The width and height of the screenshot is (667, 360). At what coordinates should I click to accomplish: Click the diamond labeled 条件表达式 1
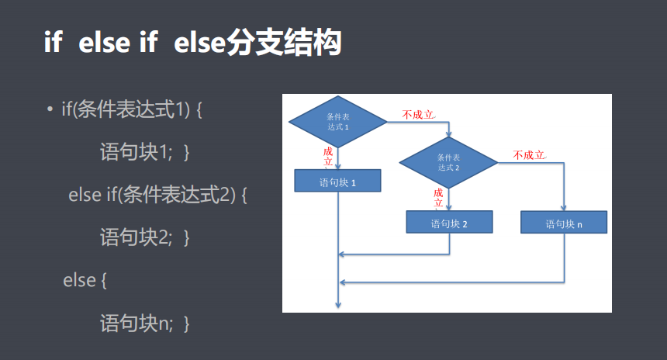click(337, 122)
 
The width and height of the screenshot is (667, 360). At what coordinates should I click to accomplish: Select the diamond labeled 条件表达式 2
click(448, 163)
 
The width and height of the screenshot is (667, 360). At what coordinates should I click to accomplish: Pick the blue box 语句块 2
click(449, 223)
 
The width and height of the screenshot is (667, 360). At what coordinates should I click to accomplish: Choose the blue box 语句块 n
click(563, 223)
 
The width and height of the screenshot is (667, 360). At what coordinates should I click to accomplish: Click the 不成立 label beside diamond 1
click(418, 115)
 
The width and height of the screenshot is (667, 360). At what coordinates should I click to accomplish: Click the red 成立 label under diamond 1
click(328, 156)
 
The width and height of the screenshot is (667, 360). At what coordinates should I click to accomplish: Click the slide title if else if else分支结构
click(192, 43)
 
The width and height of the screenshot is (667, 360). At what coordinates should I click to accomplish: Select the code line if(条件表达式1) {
click(131, 109)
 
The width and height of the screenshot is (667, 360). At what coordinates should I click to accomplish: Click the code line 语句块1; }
click(145, 152)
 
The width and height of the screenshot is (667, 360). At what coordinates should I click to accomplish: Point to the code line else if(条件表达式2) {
click(157, 195)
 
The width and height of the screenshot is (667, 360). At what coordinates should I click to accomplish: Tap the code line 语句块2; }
click(145, 237)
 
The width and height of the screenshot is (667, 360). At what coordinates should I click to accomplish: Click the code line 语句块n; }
click(145, 322)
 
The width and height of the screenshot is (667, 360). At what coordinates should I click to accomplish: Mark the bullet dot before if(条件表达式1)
click(50, 110)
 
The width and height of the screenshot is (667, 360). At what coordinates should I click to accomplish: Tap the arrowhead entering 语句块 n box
click(564, 208)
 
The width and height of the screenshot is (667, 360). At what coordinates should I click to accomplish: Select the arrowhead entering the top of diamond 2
click(449, 133)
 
